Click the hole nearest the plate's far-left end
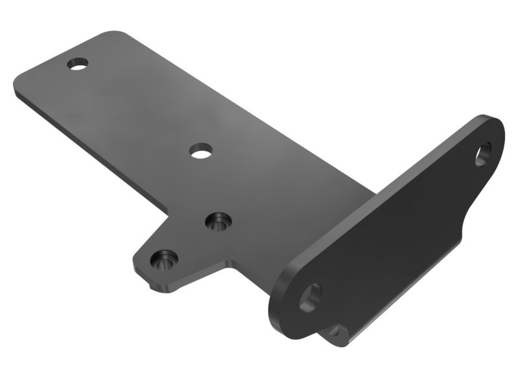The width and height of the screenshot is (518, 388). (x=78, y=64)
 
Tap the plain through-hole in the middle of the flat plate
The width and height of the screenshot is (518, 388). (x=201, y=151)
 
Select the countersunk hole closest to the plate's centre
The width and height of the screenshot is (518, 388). (x=218, y=222)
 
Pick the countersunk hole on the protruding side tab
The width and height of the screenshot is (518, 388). (x=163, y=260)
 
